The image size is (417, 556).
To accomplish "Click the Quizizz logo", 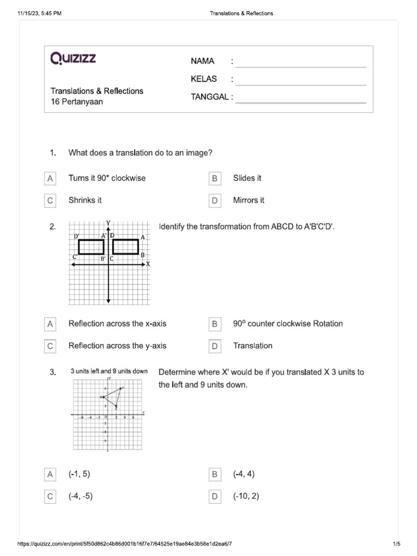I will (x=73, y=58).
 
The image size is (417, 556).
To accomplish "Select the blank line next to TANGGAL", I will (x=301, y=100).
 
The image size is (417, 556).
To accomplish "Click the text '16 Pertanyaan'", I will (x=77, y=102).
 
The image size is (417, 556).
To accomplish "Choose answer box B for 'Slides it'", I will (x=214, y=179).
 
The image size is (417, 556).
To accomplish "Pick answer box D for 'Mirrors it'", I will (x=214, y=201).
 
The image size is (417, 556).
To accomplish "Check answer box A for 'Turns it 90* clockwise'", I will (x=50, y=179).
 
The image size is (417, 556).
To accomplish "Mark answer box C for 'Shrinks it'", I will (x=50, y=201).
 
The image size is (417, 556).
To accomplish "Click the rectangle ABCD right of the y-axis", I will (x=126, y=247).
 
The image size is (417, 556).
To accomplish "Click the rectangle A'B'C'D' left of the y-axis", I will (x=91, y=247).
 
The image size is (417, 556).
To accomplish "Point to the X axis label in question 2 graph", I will (x=148, y=264).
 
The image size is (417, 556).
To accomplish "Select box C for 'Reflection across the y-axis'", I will (x=50, y=346).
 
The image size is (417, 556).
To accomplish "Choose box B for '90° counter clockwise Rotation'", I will (x=214, y=324).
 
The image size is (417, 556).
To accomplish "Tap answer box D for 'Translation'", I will (x=214, y=346).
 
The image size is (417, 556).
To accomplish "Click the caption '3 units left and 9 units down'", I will (x=109, y=371).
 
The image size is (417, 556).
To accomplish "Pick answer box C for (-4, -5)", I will (x=50, y=497).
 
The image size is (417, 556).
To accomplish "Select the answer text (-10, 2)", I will (x=246, y=496).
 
